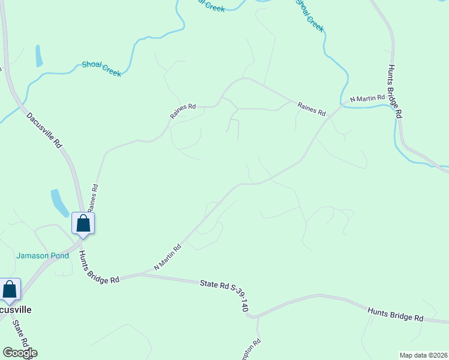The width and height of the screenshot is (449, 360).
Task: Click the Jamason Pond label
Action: point(42,256)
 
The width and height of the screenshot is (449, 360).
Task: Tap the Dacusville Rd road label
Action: point(45,130)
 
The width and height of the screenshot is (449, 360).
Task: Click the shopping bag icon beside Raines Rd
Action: point(83,223)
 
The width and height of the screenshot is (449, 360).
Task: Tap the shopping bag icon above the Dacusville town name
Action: point(10,289)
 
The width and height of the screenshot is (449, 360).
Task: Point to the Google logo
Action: point(20,353)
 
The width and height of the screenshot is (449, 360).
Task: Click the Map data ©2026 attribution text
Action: point(423,355)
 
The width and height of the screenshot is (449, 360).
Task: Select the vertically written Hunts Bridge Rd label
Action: point(394,90)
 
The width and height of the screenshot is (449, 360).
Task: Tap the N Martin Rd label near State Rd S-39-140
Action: point(167,257)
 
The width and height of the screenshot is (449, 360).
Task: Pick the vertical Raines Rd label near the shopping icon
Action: point(92,197)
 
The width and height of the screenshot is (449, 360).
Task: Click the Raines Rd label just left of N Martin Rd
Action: point(311,109)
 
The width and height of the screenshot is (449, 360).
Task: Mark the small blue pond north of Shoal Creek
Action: point(39,55)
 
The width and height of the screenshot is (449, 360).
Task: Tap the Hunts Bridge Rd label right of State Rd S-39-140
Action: point(396,316)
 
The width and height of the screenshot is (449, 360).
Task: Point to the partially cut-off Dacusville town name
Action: point(15,310)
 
